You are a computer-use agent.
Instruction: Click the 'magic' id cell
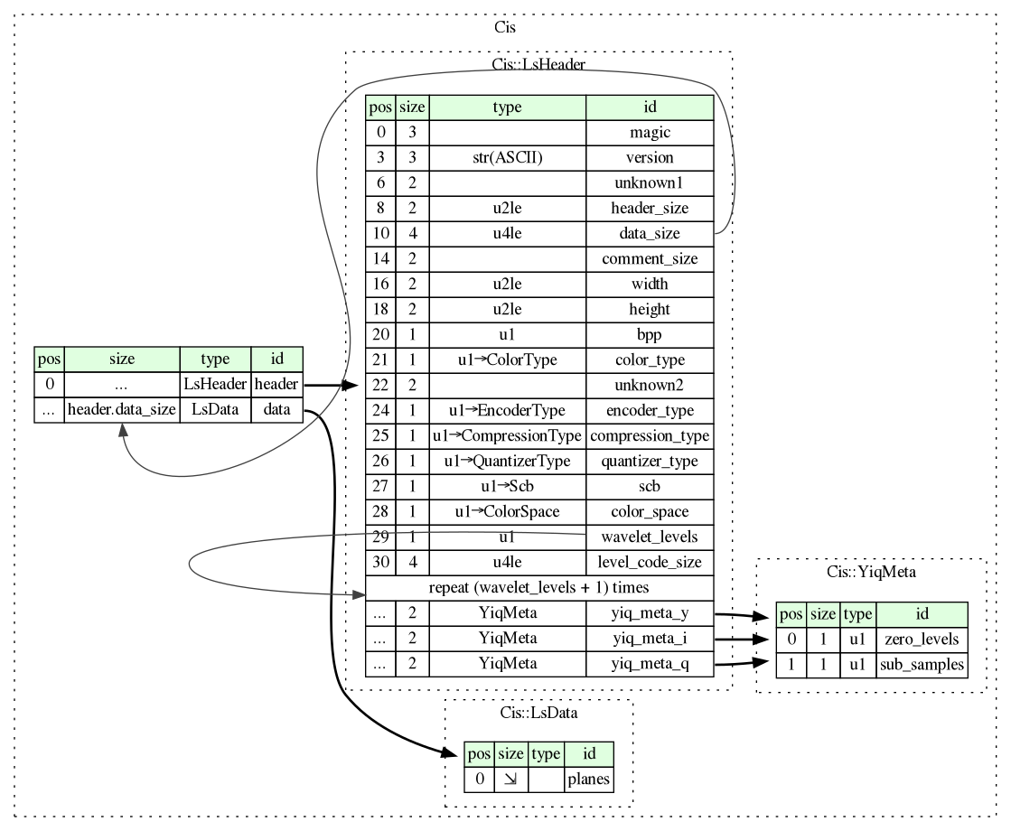pyautogui.click(x=650, y=132)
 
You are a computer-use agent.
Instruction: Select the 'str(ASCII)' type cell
pyautogui.click(x=507, y=157)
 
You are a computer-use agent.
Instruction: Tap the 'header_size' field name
pyautogui.click(x=650, y=208)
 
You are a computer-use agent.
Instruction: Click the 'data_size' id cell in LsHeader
pyautogui.click(x=650, y=233)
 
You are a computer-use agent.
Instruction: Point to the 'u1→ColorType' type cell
pyautogui.click(x=507, y=360)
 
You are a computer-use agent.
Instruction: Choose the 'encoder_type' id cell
pyautogui.click(x=650, y=411)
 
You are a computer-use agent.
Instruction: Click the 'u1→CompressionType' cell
pyautogui.click(x=507, y=436)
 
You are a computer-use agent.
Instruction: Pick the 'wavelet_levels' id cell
pyautogui.click(x=650, y=537)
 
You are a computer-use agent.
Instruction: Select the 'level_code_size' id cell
pyautogui.click(x=650, y=562)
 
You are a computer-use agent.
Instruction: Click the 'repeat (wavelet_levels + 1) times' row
pyautogui.click(x=539, y=587)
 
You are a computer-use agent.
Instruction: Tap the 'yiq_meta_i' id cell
pyautogui.click(x=650, y=639)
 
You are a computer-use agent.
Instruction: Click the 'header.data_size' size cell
pyautogui.click(x=121, y=409)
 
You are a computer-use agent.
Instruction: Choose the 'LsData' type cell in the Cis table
pyautogui.click(x=215, y=409)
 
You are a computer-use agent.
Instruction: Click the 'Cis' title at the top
pyautogui.click(x=505, y=26)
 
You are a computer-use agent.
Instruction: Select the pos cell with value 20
pyautogui.click(x=380, y=335)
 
